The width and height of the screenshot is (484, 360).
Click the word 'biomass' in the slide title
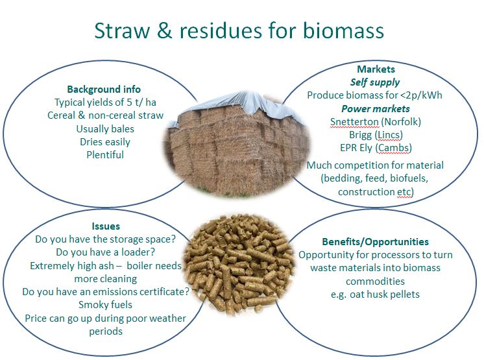point(343,30)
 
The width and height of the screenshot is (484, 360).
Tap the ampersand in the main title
point(164,30)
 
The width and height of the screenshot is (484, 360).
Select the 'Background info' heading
point(104,90)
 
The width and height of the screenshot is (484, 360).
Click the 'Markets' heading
point(376,69)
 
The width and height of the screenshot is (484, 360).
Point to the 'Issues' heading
point(106,226)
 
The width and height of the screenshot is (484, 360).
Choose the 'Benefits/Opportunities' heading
point(376,241)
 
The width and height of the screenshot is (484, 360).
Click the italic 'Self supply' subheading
point(375,82)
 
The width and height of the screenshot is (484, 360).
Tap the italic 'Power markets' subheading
point(376,109)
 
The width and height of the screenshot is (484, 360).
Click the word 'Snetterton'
point(354,122)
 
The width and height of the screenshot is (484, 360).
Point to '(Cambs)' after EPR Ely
point(394,148)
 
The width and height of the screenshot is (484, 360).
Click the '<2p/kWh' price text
point(421,95)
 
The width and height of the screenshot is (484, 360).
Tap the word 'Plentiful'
point(105,154)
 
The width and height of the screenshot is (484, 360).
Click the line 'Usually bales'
point(105,129)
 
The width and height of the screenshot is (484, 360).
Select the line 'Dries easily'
point(105,142)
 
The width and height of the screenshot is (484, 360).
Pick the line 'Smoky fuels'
point(106,305)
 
